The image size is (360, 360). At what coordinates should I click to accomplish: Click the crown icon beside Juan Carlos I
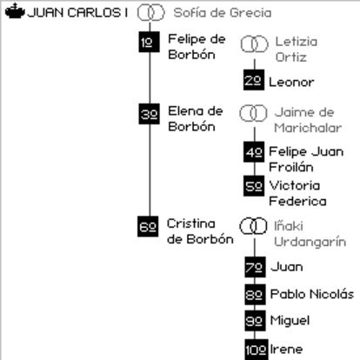[x=15, y=11]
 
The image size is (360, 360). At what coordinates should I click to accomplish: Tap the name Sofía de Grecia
[x=223, y=13]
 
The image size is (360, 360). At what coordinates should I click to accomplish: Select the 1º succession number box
[x=149, y=42]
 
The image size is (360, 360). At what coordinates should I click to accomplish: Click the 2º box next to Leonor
[x=254, y=80]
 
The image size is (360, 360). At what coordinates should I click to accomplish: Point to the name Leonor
[x=291, y=82]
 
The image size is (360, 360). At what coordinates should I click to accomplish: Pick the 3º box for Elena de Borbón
[x=149, y=114]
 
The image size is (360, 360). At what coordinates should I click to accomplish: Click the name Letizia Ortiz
[x=297, y=50]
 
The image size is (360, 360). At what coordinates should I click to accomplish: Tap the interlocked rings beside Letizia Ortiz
[x=254, y=44]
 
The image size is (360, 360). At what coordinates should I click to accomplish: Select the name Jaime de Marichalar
[x=308, y=120]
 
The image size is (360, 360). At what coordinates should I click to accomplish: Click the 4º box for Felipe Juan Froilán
[x=254, y=152]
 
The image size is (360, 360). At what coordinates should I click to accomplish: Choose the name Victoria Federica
[x=297, y=193]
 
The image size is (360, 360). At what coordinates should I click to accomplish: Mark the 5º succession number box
[x=254, y=186]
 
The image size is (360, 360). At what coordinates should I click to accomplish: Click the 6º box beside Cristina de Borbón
[x=148, y=226]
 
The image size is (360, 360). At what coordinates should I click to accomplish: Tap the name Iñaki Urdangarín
[x=310, y=234]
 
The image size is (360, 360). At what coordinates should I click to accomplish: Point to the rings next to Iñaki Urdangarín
[x=253, y=226]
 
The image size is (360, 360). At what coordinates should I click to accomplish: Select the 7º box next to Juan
[x=255, y=267]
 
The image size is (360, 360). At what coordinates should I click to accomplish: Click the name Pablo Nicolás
[x=312, y=294]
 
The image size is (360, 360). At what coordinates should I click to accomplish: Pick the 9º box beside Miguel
[x=255, y=321]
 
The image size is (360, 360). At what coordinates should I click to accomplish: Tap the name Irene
[x=286, y=349]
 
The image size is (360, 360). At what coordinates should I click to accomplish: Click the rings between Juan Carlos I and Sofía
[x=150, y=12]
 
